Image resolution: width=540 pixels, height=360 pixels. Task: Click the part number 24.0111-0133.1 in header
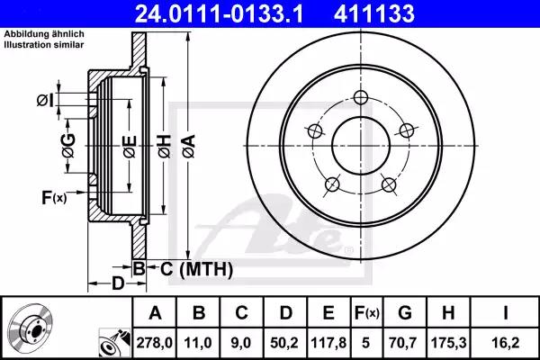point(219,13)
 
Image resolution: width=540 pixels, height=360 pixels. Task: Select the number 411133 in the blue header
point(374,13)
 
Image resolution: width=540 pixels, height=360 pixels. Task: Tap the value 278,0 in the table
point(154,343)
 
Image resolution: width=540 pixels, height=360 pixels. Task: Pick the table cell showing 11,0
point(198,343)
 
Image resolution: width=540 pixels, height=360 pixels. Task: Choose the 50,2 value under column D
point(284,343)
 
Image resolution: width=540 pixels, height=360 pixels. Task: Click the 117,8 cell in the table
point(328,343)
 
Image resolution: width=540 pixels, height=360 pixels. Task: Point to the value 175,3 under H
point(448,343)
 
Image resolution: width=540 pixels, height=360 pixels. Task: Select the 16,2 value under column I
point(505,343)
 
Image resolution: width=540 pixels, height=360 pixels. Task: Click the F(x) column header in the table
point(367,313)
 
